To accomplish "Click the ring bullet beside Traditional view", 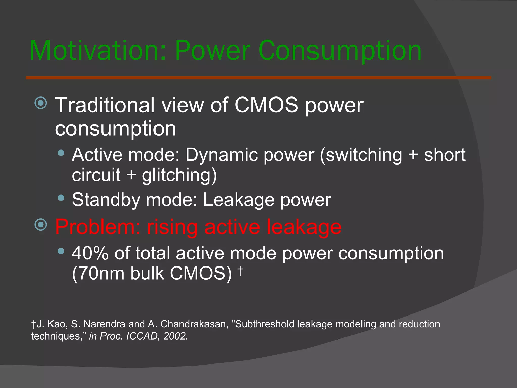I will [41, 103].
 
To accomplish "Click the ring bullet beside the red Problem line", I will [41, 225].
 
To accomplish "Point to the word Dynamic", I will [221, 155].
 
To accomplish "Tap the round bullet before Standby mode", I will [61, 198].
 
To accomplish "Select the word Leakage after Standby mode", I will [239, 200].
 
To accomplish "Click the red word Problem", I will [97, 227].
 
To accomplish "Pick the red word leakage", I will [304, 227].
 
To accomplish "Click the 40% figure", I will [90, 253].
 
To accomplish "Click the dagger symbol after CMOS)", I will [240, 271].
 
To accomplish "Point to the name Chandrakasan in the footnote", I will [194, 324].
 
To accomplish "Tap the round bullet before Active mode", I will [61, 153].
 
